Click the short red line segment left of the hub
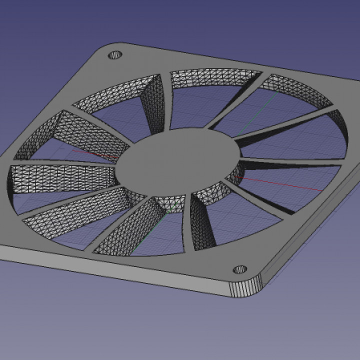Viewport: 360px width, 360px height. (95, 153)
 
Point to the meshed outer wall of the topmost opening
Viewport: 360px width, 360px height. (215, 80)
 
